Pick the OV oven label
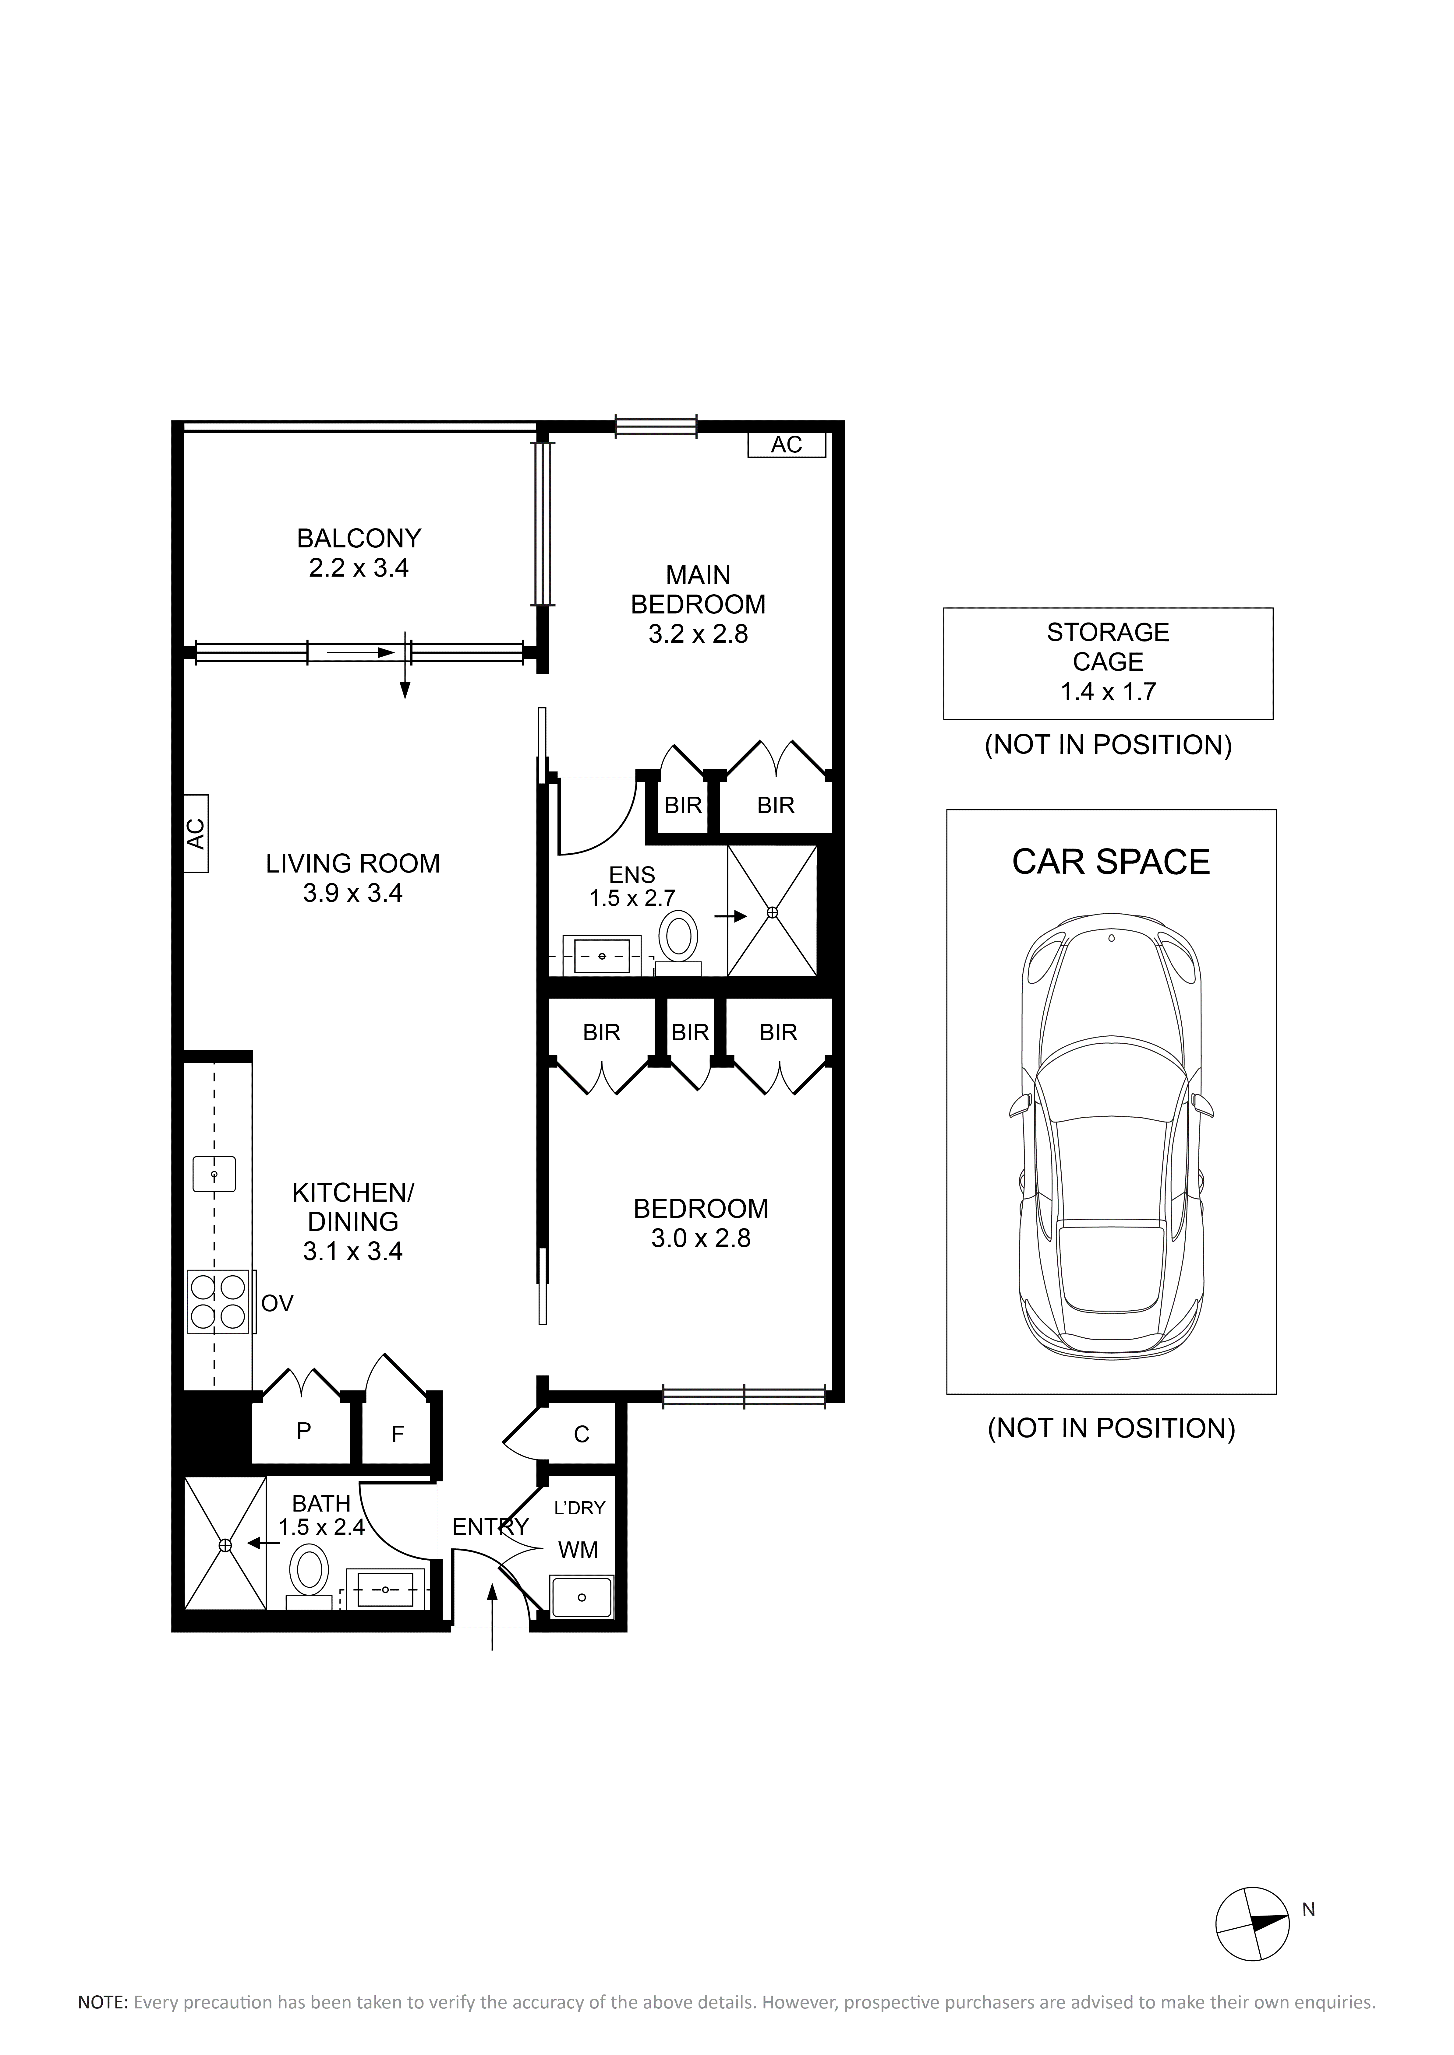(278, 1303)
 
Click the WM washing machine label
(578, 1549)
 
